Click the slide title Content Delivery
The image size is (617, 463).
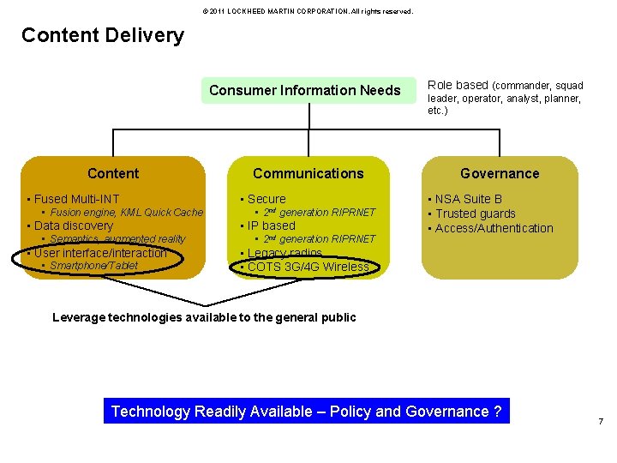[102, 35]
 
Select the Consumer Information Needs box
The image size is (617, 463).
[304, 90]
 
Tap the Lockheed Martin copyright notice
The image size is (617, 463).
[307, 11]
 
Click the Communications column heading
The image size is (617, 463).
[308, 173]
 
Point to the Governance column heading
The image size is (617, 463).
[500, 173]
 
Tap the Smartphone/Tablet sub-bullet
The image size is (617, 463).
[93, 266]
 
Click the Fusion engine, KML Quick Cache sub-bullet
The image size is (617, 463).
[126, 213]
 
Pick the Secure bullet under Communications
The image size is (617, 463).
[266, 199]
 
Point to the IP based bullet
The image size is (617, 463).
[271, 225]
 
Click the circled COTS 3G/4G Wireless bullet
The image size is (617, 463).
[307, 267]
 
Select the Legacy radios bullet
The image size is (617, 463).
[284, 253]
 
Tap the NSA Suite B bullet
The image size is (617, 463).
[468, 199]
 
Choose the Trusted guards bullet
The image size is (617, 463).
[475, 213]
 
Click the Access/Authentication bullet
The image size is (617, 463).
[494, 228]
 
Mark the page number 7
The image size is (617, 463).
[600, 422]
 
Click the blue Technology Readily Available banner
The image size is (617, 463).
[306, 412]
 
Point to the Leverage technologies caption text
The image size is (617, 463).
[204, 317]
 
